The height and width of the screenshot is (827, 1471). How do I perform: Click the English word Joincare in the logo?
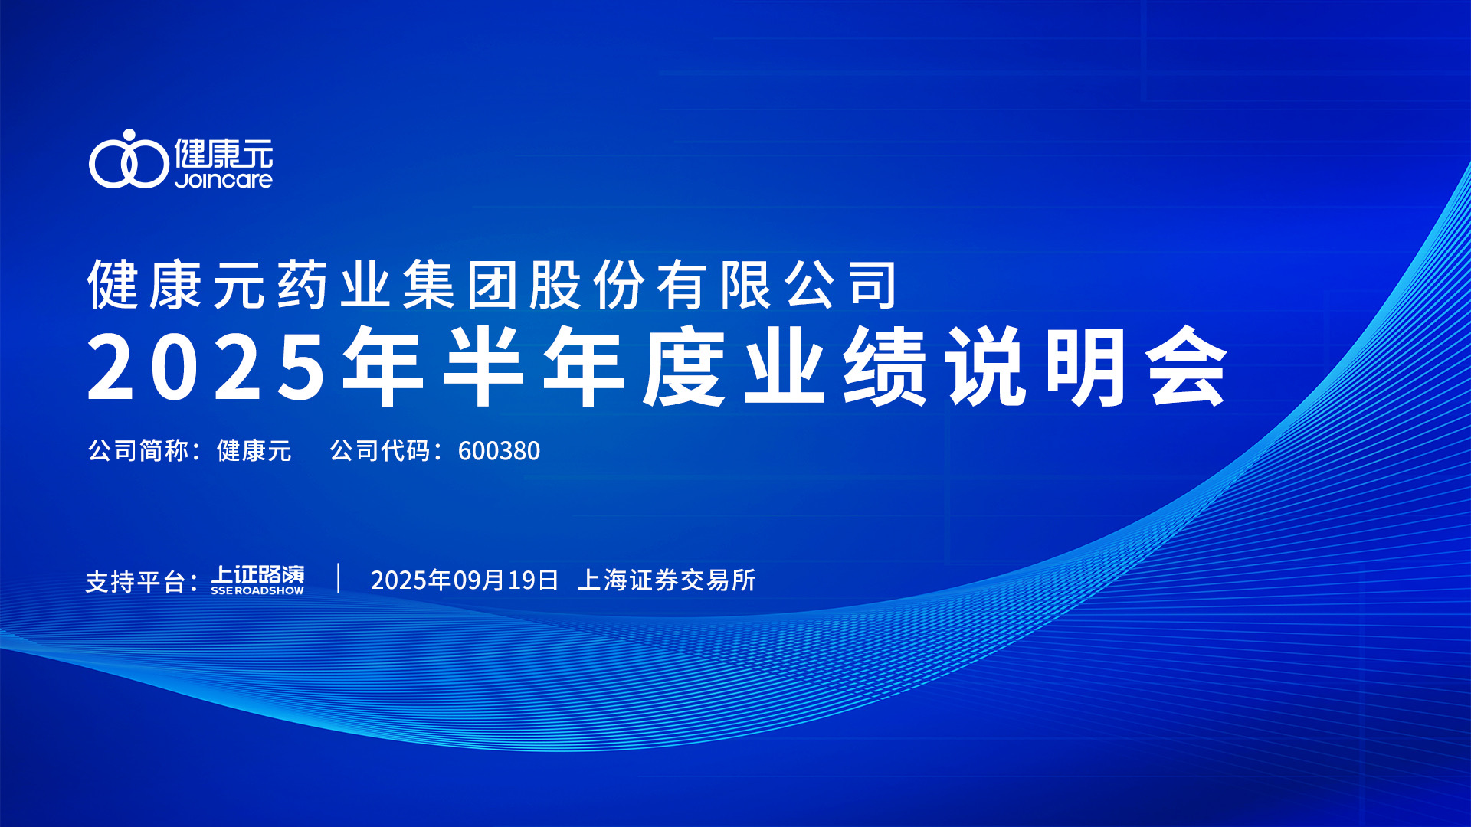[x=224, y=180]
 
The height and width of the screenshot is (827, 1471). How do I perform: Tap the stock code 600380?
[x=499, y=451]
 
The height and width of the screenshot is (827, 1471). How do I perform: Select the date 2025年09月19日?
[x=464, y=580]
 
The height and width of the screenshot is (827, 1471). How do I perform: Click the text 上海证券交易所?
[x=667, y=580]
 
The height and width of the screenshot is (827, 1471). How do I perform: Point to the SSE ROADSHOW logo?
[x=257, y=580]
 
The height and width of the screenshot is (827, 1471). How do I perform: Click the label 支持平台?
[x=136, y=581]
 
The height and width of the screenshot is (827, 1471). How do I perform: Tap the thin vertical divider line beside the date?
[x=339, y=578]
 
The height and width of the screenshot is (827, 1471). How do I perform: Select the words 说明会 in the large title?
[x=1086, y=366]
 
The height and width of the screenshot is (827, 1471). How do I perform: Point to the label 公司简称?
[x=138, y=450]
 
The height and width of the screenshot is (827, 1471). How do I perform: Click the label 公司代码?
[x=380, y=450]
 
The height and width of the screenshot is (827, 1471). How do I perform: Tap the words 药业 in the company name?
[x=333, y=285]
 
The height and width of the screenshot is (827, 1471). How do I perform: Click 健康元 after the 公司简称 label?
[x=254, y=450]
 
